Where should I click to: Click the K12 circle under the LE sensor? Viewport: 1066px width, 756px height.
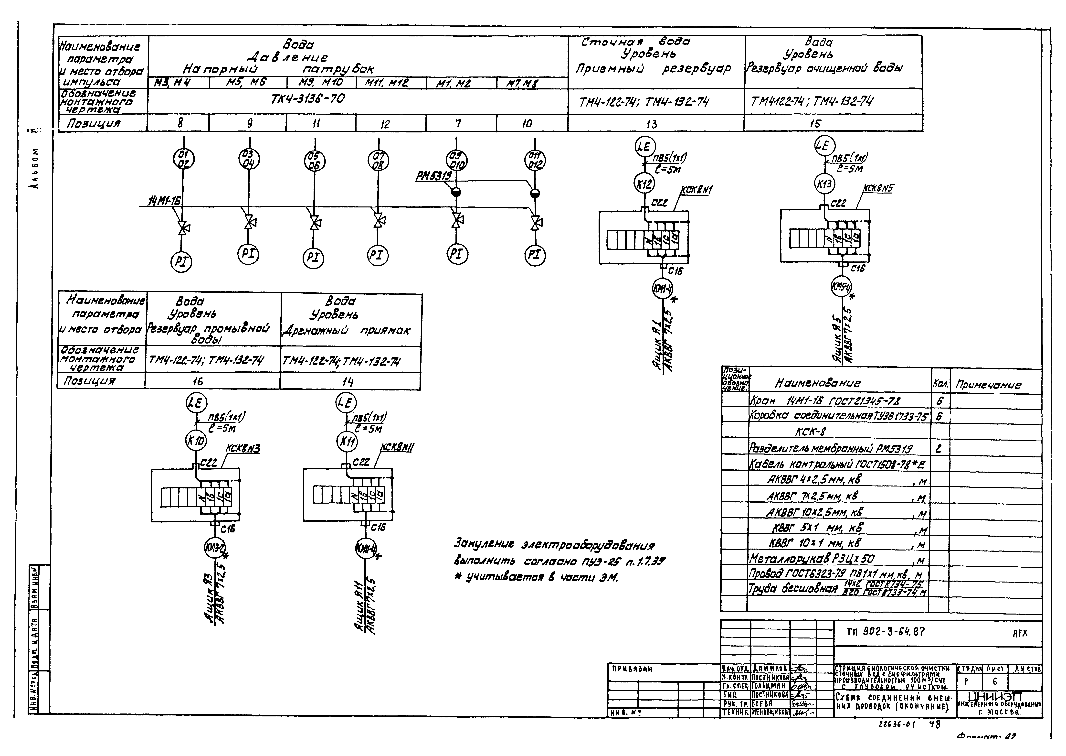tap(644, 184)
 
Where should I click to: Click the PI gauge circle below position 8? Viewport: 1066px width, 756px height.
tap(181, 261)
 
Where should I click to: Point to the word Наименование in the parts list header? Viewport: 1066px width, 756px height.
tap(818, 383)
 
